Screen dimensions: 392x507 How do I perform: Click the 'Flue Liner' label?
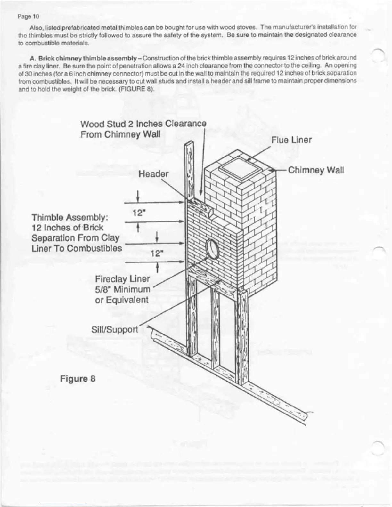[x=291, y=140]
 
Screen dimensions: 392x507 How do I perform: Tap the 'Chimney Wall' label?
[x=316, y=170]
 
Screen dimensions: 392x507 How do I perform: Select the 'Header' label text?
[x=153, y=174]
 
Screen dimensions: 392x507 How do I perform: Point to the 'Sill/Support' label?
[x=115, y=329]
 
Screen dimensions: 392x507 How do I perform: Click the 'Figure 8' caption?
[x=78, y=379]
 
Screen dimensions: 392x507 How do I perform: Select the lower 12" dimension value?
[x=157, y=253]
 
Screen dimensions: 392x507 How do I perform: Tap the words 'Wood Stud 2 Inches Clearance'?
[x=143, y=124]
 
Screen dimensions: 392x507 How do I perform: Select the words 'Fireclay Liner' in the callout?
[x=122, y=279]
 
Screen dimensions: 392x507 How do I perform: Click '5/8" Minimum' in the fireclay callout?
[x=122, y=289]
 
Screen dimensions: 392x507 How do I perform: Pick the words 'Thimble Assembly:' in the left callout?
[x=70, y=218]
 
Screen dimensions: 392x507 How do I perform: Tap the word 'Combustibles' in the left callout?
[x=95, y=248]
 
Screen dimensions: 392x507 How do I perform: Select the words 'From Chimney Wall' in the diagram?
[x=120, y=134]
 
